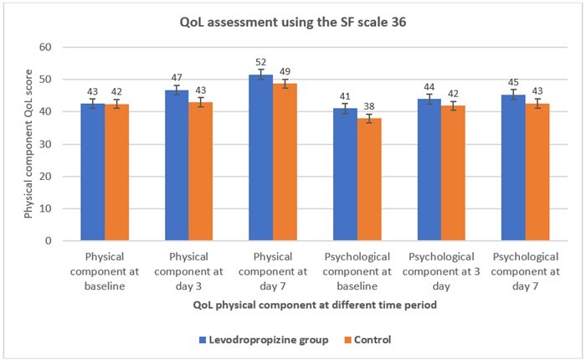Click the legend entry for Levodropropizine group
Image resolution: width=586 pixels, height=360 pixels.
(x=250, y=340)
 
